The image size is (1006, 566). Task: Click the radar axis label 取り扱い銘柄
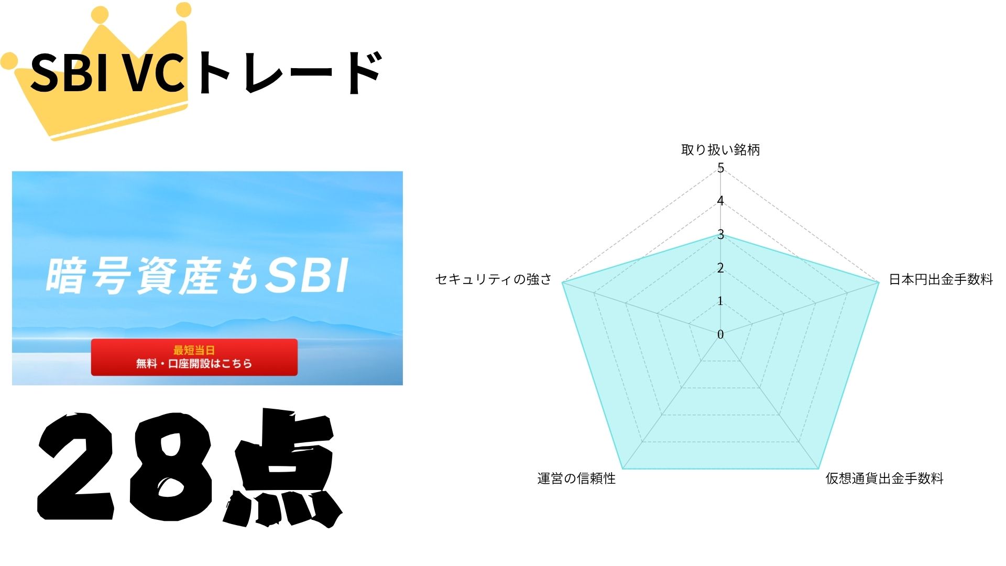(720, 150)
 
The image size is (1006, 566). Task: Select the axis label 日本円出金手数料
(941, 279)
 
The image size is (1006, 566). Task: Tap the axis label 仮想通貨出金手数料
(884, 478)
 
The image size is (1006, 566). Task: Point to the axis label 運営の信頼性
(576, 478)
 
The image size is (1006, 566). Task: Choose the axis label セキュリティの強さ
(494, 279)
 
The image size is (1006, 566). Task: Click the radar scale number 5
(720, 168)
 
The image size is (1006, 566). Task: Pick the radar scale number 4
(720, 201)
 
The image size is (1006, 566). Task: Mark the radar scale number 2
(720, 268)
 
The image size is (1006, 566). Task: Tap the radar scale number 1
(720, 301)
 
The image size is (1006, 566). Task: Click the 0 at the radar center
(720, 334)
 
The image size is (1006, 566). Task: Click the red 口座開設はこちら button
(194, 357)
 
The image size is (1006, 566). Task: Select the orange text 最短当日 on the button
(194, 350)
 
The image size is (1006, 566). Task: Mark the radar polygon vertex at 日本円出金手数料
(879, 282)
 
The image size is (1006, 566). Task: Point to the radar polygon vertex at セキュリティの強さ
(562, 282)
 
